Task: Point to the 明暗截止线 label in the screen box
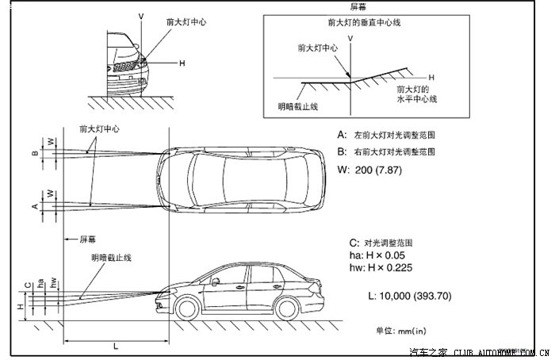297,106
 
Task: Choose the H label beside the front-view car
182,63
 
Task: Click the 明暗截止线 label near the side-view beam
111,258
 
